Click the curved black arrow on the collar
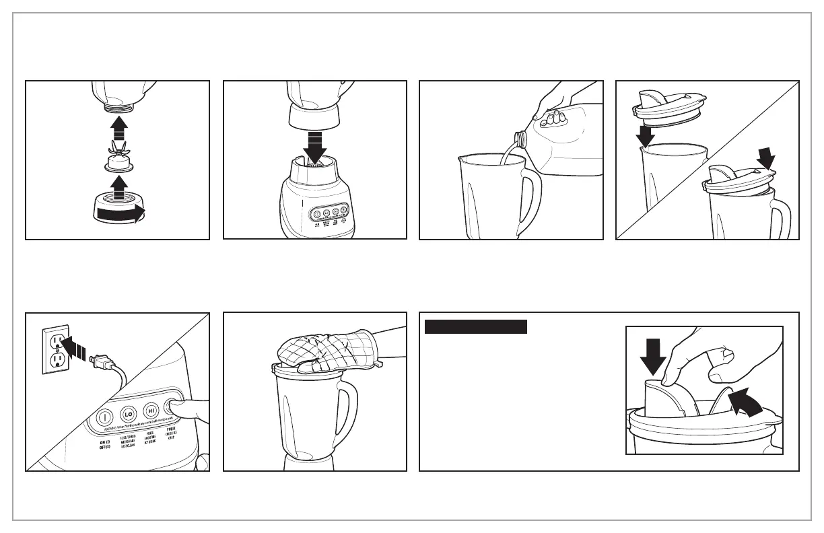click(121, 214)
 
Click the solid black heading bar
click(476, 327)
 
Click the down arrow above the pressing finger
click(653, 355)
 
